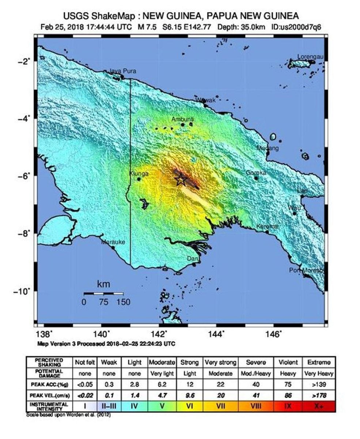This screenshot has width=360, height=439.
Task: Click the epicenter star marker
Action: [x=181, y=179]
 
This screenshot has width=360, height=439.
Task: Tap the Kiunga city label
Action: [x=139, y=174]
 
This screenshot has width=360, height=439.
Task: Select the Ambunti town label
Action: [x=183, y=119]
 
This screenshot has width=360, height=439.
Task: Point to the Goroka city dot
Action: [x=256, y=178]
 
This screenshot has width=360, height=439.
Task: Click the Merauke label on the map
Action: [x=113, y=242]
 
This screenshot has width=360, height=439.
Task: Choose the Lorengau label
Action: [x=310, y=57]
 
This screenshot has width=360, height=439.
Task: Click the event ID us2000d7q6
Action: [x=297, y=27]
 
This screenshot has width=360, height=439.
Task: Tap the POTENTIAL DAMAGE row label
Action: [x=49, y=374]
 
